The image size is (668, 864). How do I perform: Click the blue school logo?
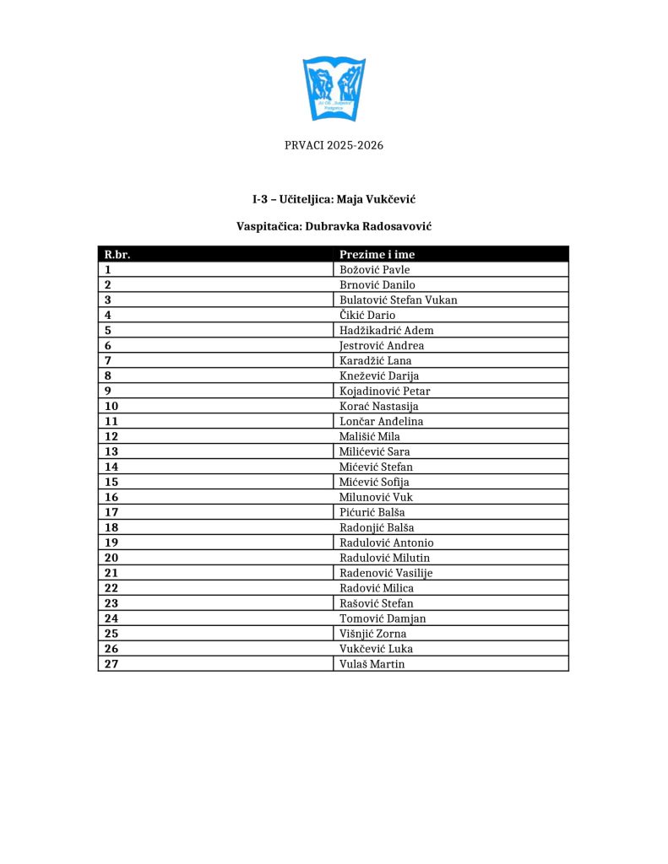334,88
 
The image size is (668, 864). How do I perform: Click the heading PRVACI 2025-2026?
334,145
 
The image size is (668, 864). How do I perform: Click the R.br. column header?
117,254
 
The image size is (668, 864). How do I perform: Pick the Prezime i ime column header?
377,254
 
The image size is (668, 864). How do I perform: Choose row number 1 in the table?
108,270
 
